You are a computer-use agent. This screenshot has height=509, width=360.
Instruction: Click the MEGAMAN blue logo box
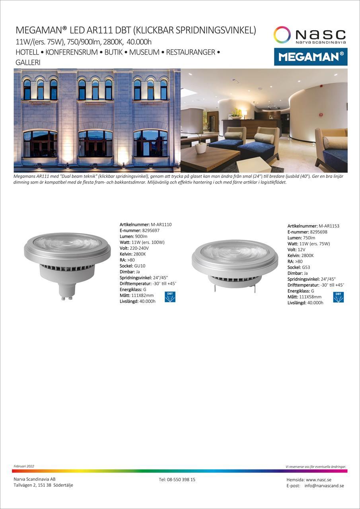(x=311, y=57)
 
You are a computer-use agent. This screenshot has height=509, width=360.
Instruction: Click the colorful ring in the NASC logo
(x=282, y=35)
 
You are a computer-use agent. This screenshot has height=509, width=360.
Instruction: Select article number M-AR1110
(x=161, y=225)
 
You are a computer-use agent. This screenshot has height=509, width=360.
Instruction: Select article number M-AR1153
(x=329, y=226)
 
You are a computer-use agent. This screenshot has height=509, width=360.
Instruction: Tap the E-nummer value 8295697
(x=151, y=231)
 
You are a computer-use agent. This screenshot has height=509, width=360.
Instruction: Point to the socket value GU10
(x=140, y=266)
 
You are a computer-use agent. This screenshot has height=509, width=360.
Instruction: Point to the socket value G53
(x=306, y=268)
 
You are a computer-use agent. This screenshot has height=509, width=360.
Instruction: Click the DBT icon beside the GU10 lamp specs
(x=170, y=297)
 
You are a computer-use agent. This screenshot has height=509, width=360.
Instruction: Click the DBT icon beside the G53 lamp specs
(x=338, y=297)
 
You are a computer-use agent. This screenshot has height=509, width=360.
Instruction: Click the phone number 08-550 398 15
(x=181, y=480)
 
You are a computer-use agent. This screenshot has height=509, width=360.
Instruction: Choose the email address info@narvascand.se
(x=324, y=486)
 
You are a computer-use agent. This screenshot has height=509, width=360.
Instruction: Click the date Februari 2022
(x=24, y=466)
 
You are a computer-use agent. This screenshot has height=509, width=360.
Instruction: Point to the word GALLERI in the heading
(x=28, y=63)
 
